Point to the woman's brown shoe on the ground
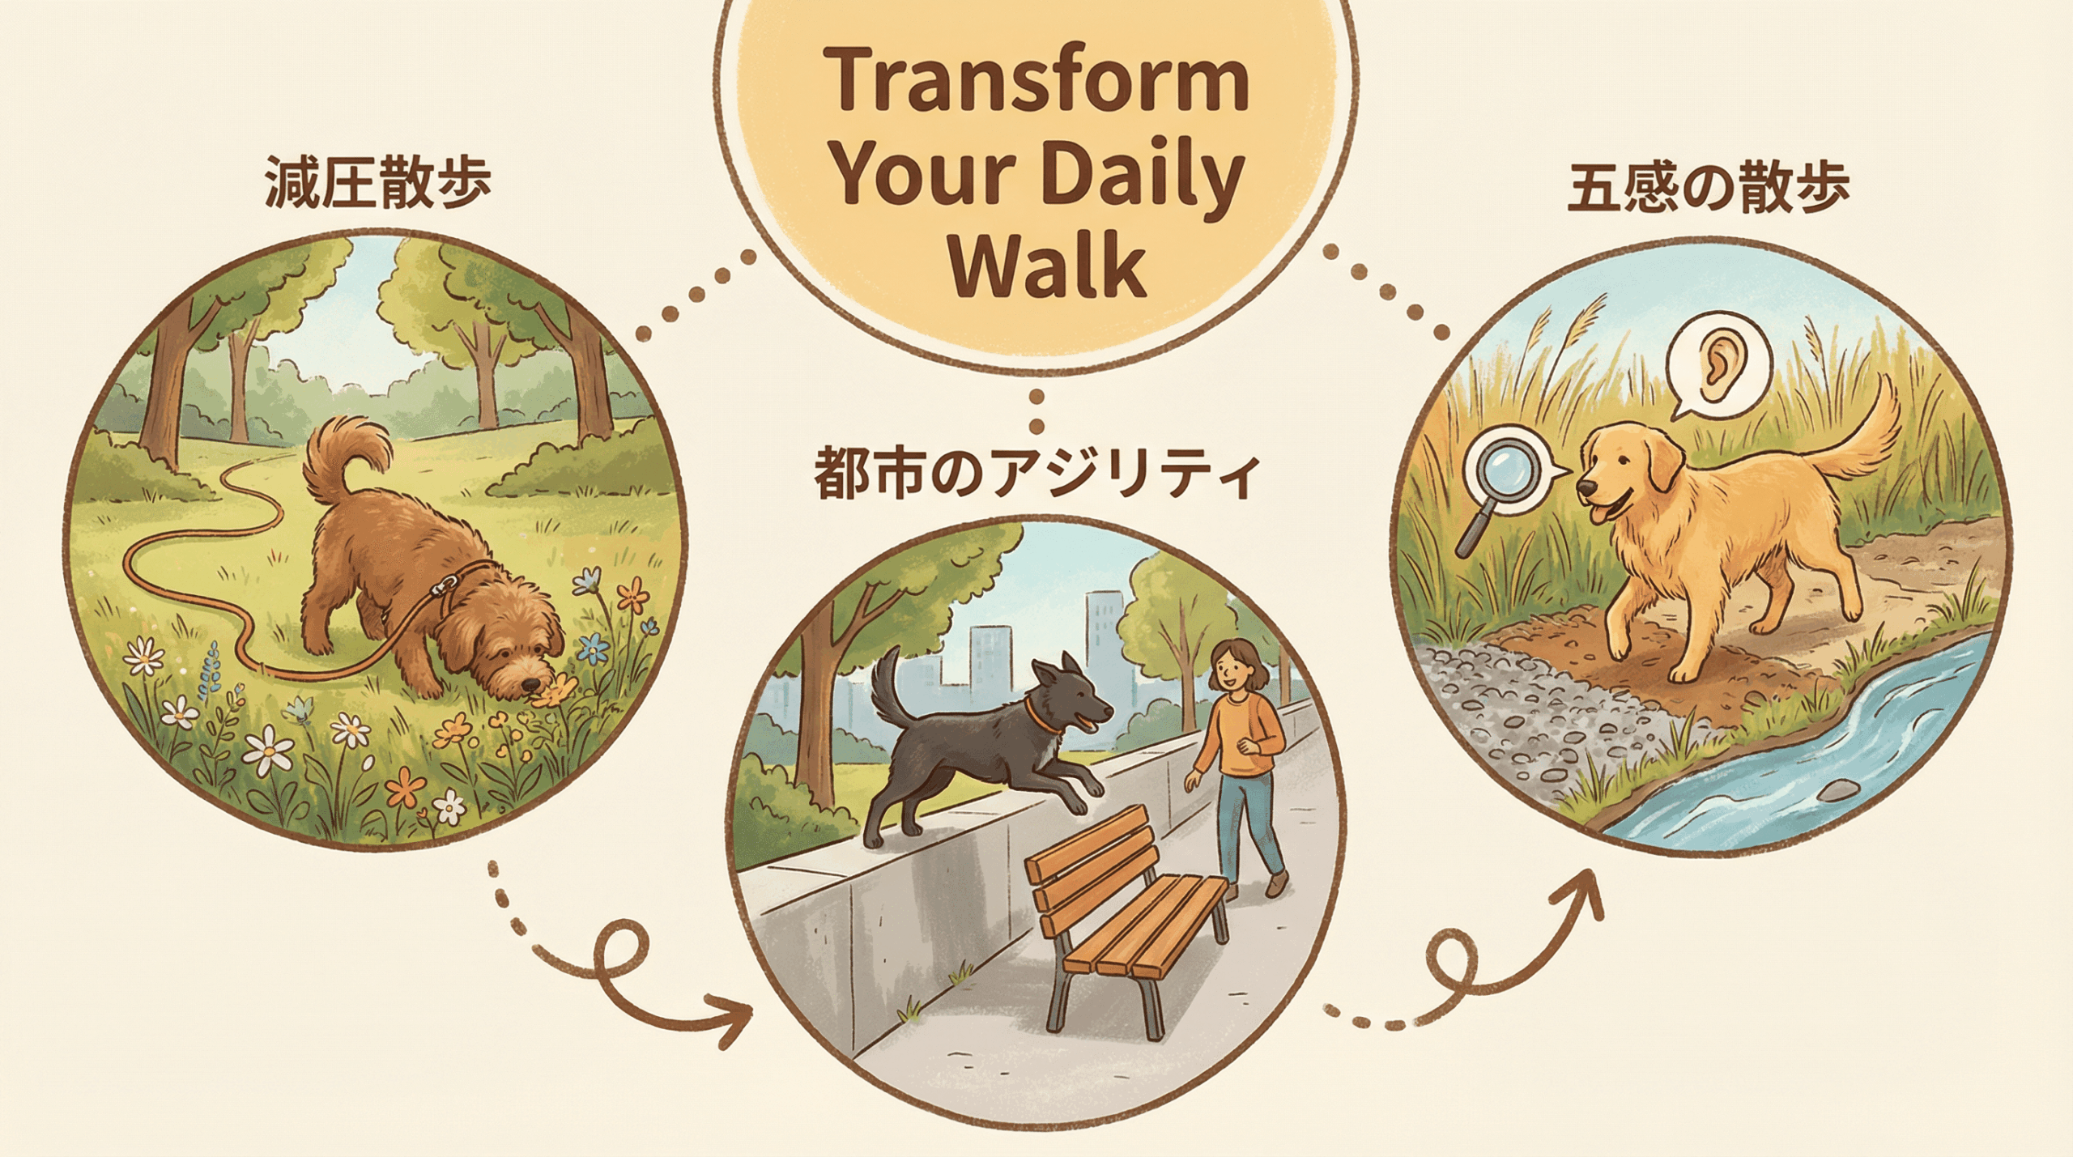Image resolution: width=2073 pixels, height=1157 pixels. tap(1276, 884)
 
